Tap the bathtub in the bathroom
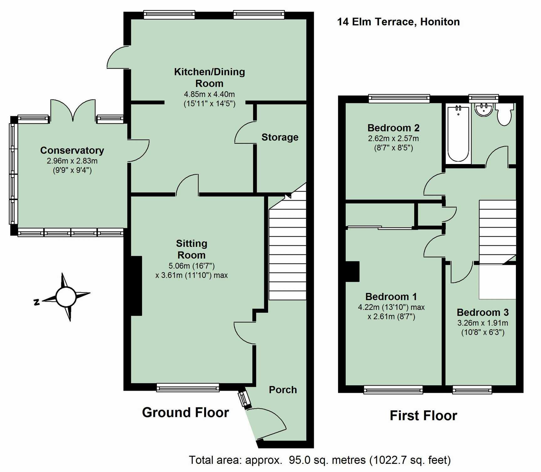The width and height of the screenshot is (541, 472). pos(458,134)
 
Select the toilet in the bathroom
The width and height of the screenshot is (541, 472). pos(504,115)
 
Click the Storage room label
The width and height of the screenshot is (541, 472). pos(280,137)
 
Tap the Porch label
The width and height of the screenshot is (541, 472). pos(283,390)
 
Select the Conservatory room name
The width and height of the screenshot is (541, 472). pos(72,150)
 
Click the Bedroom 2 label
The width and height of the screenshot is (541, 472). pos(393,128)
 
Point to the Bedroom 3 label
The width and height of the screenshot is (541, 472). pos(482,312)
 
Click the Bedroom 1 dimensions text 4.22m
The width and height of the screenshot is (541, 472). pos(368,307)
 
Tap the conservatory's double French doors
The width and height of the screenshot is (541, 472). pos(73,110)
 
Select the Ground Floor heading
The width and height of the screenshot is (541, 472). pos(185,412)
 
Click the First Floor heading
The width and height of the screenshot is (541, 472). pos(423,415)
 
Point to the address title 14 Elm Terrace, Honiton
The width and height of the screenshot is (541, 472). pos(398,22)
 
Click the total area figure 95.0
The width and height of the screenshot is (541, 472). pos(300,460)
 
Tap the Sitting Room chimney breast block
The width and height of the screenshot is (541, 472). pos(136,286)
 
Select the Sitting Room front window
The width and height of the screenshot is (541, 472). pos(188,387)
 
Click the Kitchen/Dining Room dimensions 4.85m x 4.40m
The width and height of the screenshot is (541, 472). pos(209,94)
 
